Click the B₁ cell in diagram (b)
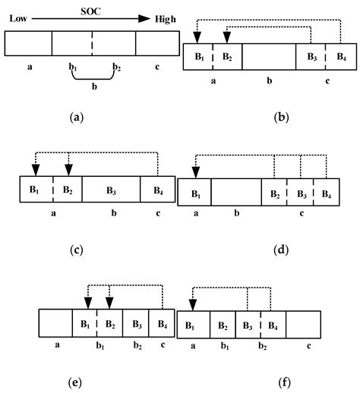[198, 57]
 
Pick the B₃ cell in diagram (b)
[311, 57]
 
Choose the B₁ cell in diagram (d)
[194, 193]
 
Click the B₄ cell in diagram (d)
[327, 193]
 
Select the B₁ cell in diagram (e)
[85, 323]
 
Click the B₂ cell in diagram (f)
[223, 327]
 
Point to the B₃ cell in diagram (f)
[248, 327]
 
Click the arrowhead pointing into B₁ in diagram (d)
[195, 173]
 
